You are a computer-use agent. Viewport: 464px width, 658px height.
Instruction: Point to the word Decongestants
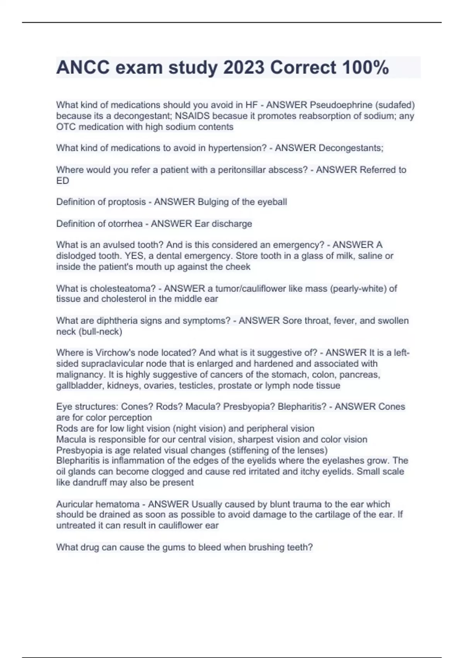pos(351,148)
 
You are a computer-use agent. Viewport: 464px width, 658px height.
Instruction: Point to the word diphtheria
pos(119,320)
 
